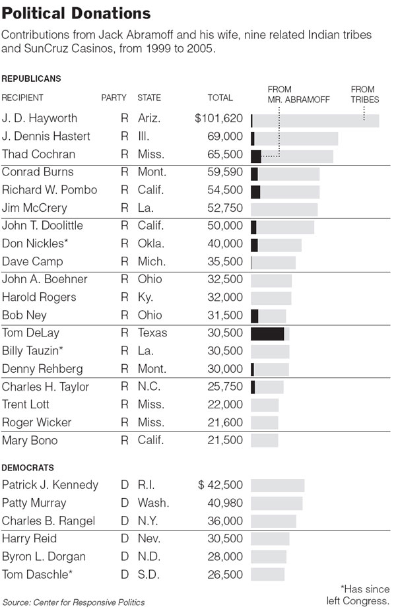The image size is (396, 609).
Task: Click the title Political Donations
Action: tap(76, 14)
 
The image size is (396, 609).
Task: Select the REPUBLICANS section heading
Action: tap(32, 79)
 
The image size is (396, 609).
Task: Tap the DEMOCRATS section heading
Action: tap(28, 468)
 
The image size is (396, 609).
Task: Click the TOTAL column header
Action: tap(220, 98)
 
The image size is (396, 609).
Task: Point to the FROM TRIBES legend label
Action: tap(364, 94)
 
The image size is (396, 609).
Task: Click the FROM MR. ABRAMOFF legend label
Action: tap(298, 94)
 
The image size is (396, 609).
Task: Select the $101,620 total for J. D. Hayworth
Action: tap(219, 118)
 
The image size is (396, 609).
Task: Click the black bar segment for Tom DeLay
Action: tap(267, 334)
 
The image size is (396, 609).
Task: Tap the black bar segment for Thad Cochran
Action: tap(256, 156)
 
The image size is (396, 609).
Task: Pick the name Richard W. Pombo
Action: tap(49, 189)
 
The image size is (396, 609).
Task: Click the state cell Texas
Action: tap(152, 333)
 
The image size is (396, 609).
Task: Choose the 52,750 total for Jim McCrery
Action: tap(225, 208)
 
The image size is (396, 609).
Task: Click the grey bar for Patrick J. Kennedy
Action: tap(277, 486)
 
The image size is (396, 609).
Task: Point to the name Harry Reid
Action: tap(29, 538)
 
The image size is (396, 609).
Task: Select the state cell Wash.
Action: tap(153, 503)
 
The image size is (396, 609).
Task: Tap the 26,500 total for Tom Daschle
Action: tap(225, 575)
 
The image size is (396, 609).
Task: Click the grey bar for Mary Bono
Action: tap(264, 441)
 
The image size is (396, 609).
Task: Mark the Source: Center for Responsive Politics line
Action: tap(73, 602)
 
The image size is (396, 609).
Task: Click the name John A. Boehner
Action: tap(45, 279)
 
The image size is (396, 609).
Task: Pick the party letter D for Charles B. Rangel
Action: tap(124, 521)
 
